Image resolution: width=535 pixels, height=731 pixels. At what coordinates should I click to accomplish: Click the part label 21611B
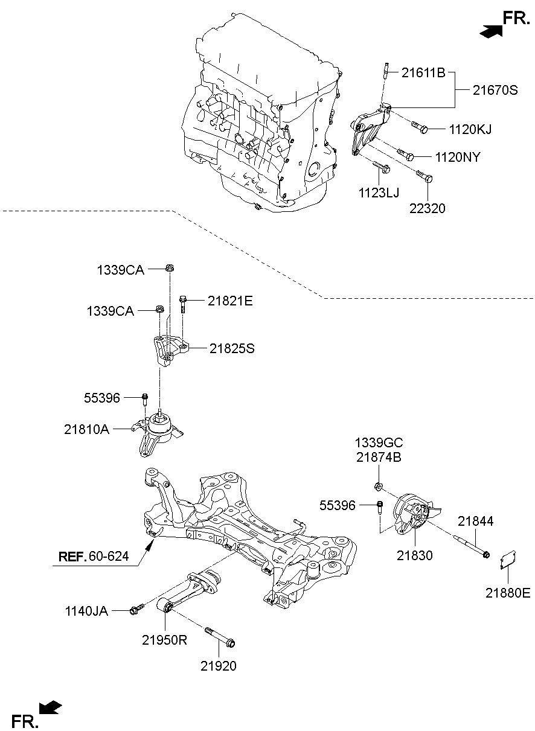[423, 74]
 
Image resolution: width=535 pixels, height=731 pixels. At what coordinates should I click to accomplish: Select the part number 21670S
[495, 91]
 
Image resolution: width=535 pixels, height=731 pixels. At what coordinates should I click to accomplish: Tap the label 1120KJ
[470, 129]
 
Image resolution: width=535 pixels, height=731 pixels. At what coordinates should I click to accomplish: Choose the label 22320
[427, 209]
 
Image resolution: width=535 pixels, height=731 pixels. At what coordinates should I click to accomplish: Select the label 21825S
[232, 348]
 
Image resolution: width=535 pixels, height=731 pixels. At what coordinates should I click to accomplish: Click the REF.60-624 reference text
[94, 556]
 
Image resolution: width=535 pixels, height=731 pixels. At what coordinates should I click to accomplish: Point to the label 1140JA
[86, 611]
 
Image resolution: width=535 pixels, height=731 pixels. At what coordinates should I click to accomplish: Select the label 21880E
[508, 593]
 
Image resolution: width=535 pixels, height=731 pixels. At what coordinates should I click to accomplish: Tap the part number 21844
[475, 521]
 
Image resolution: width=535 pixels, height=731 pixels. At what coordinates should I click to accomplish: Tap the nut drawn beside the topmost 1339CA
[170, 269]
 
